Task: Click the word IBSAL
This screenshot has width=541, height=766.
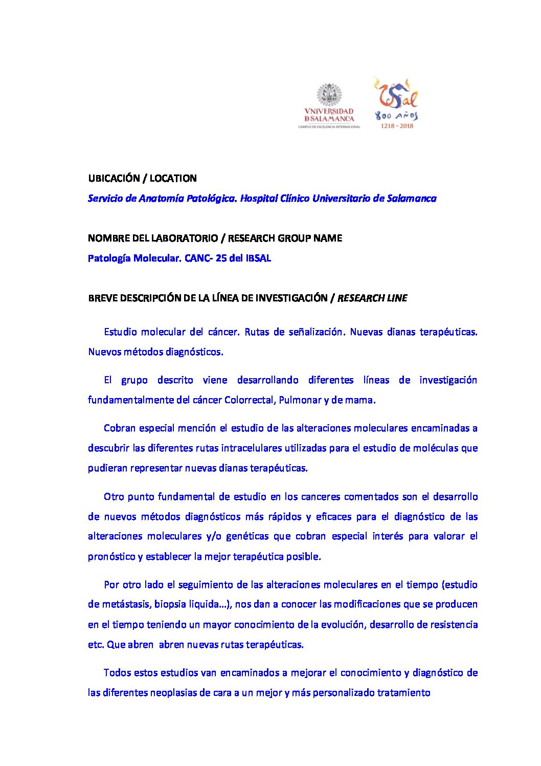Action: pos(258,258)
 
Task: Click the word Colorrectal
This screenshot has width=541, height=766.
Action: pos(249,400)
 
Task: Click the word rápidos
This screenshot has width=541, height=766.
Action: pos(285,517)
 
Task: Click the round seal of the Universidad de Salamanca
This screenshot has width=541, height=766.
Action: pos(329,95)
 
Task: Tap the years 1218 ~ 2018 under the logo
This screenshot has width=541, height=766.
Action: pos(396,126)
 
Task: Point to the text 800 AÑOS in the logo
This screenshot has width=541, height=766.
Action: pos(396,116)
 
